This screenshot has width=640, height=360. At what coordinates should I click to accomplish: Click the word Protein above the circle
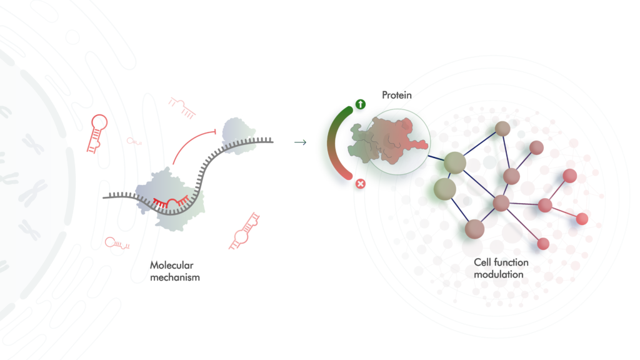click(397, 95)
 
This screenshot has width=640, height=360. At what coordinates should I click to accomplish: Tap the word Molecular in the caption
click(171, 265)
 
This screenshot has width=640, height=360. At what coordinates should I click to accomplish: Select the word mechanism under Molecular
click(175, 277)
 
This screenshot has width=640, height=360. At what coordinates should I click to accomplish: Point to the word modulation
click(498, 275)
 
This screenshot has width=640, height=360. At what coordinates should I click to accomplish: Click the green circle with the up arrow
click(361, 104)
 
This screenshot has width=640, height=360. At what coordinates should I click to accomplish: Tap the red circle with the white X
click(361, 184)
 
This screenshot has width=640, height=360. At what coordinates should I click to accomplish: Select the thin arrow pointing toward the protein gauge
click(301, 142)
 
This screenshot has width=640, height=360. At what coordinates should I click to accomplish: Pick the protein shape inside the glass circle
click(387, 140)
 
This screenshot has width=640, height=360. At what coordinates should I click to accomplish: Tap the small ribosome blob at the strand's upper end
click(237, 136)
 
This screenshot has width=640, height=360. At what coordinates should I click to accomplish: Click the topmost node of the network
click(502, 129)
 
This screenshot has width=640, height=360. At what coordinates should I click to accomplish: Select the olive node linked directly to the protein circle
click(455, 162)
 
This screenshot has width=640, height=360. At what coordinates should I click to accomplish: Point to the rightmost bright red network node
click(582, 219)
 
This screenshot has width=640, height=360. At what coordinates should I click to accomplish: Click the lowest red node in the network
click(543, 244)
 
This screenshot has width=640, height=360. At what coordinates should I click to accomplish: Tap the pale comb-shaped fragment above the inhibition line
click(182, 107)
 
